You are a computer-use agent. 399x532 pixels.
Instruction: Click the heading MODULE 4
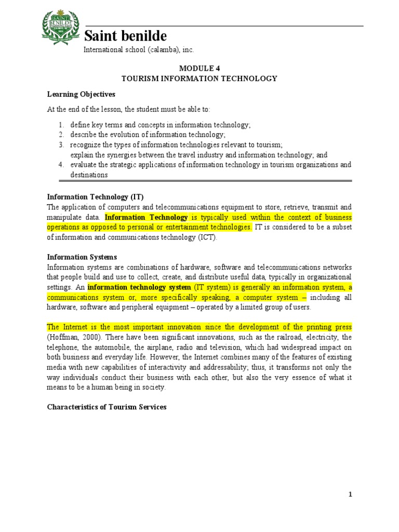coord(199,68)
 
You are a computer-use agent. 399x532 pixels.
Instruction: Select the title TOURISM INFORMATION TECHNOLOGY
coord(199,78)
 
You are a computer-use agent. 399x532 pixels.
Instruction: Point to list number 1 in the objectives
coord(61,125)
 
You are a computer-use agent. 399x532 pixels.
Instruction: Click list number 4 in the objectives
coord(61,165)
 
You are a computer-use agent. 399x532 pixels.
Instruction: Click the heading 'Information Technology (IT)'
coord(95,196)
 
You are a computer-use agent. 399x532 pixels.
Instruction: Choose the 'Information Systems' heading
coord(82,257)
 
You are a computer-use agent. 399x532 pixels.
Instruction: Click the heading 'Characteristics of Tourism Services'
coord(107,407)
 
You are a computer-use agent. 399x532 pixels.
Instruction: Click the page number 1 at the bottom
coord(350,495)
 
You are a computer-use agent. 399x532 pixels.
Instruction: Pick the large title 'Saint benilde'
coord(125,36)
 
